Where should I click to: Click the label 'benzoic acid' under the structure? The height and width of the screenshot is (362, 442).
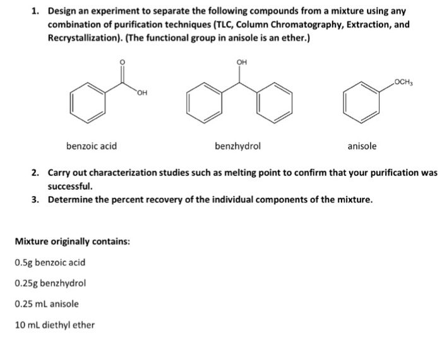click(x=92, y=146)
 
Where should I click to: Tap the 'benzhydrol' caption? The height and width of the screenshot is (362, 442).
click(x=237, y=146)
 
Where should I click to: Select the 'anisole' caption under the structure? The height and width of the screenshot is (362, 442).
click(x=362, y=146)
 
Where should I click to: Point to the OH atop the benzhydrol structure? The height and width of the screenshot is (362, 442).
click(x=241, y=62)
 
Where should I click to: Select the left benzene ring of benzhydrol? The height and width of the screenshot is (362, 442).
click(x=205, y=103)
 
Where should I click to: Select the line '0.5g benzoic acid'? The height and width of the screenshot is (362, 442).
click(x=49, y=262)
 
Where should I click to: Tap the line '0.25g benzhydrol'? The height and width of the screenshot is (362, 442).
click(x=49, y=283)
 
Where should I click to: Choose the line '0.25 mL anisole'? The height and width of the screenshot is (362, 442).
click(x=46, y=304)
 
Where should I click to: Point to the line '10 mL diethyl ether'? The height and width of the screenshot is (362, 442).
click(x=54, y=325)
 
